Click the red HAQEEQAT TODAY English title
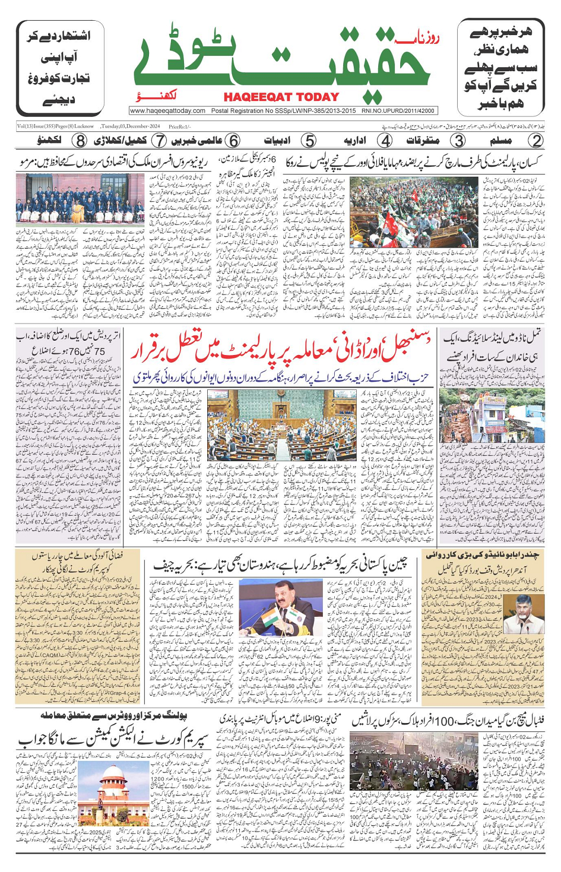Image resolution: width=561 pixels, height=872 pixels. coord(281,97)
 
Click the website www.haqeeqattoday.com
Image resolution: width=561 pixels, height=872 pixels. coord(168,110)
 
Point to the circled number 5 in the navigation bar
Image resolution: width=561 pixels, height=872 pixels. coord(308,141)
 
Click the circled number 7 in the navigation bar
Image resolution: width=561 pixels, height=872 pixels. coord(159,141)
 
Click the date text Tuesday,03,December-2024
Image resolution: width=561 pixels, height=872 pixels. coord(130,126)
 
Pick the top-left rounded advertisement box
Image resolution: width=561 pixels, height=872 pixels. coord(58,69)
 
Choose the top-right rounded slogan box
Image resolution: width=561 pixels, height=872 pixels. coord(501,69)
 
